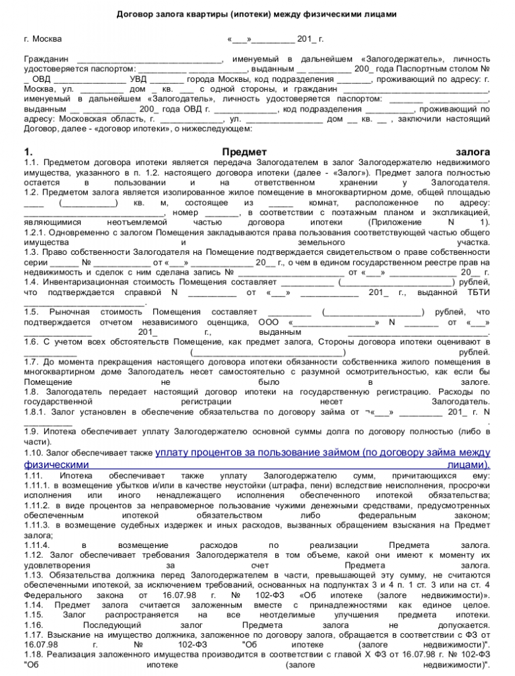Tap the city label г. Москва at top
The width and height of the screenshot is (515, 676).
42,39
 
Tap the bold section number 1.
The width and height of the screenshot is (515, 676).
27,152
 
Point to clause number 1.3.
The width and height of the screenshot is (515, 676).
32,252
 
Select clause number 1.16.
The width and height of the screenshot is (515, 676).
32,625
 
